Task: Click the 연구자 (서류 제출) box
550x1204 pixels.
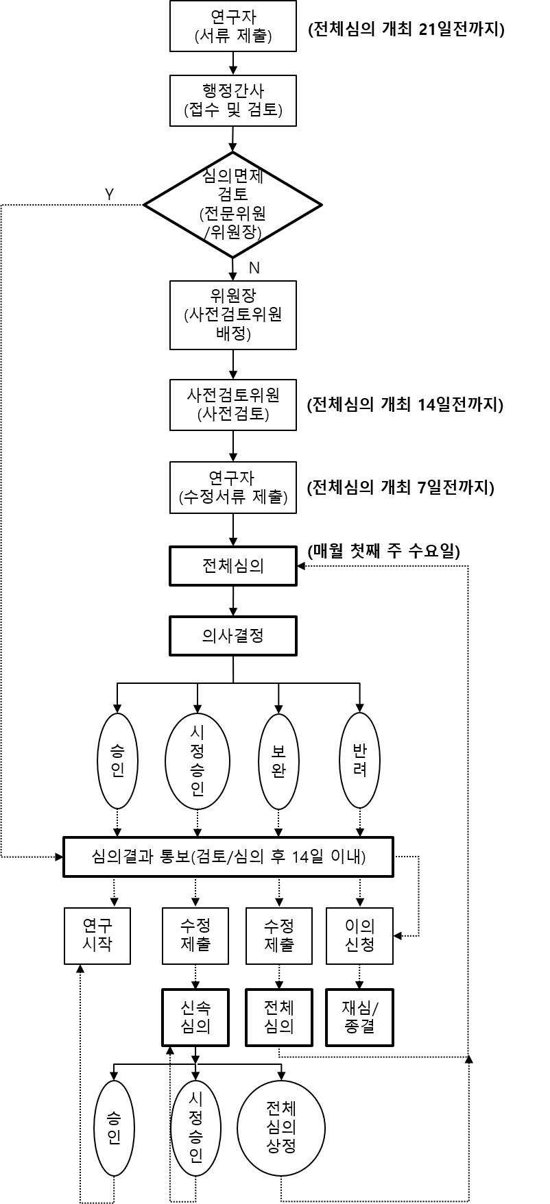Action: point(233,27)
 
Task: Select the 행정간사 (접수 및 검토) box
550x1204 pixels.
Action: point(233,101)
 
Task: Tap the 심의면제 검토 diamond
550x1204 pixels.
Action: point(232,204)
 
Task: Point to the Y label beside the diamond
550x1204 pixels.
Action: point(109,194)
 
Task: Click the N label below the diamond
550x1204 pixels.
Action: point(254,268)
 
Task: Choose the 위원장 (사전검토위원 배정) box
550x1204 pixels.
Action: point(233,315)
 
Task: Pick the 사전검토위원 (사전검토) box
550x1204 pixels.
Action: point(233,404)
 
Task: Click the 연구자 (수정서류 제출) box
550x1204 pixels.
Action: point(233,487)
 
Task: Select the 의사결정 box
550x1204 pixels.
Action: point(233,636)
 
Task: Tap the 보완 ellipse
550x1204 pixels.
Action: point(278,761)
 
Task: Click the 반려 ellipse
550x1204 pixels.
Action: point(360,761)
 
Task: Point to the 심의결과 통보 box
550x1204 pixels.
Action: point(228,857)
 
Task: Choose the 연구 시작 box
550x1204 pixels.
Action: point(97,936)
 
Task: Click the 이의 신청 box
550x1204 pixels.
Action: point(360,936)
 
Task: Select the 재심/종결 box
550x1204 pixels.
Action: point(360,1017)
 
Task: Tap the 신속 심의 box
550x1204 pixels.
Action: point(195,1017)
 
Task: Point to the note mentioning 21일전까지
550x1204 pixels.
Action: point(407,29)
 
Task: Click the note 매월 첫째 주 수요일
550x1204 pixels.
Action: point(384,551)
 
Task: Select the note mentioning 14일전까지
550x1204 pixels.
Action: point(406,404)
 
